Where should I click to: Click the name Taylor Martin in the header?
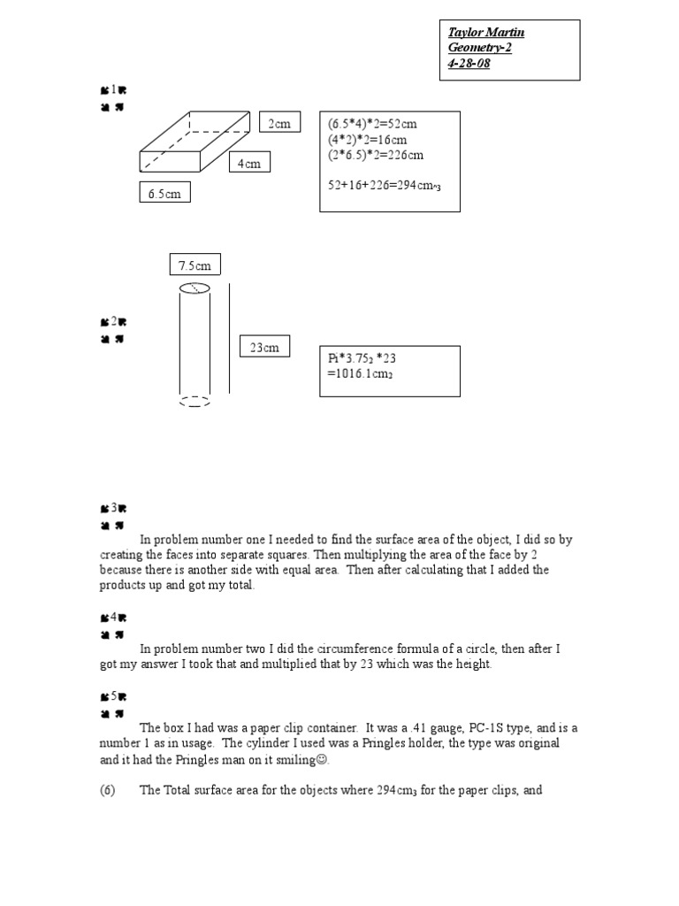coord(486,33)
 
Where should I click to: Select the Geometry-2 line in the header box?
coord(480,48)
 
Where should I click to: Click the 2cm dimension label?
coord(279,124)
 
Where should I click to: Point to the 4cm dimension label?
coord(248,164)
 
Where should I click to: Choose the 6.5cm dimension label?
coord(164,193)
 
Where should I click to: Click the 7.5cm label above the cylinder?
coord(195,265)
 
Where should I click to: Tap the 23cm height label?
coord(263,348)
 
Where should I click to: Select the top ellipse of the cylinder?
coord(195,288)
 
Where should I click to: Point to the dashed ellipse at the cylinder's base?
coord(195,401)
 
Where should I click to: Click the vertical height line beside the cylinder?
coord(230,338)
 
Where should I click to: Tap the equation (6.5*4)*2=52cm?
coord(371,125)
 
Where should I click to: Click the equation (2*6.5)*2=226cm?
coord(375,155)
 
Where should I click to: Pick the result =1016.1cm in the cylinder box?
coord(360,374)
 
